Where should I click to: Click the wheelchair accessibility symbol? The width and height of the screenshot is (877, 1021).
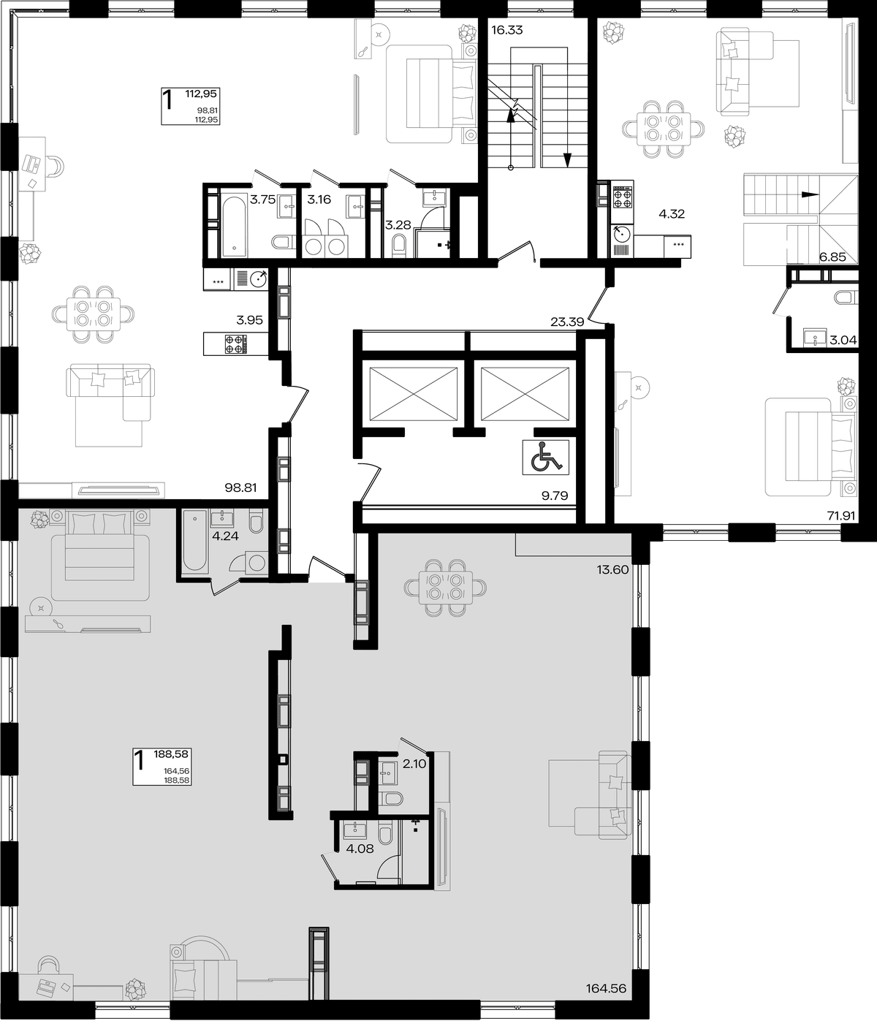point(545,458)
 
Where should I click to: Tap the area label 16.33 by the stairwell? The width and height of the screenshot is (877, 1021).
point(507,30)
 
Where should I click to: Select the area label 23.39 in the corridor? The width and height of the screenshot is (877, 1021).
point(567,322)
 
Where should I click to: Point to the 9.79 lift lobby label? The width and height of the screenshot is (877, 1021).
point(555,496)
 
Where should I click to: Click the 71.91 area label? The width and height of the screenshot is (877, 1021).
point(841,516)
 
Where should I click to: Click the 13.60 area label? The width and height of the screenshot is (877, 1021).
point(612,569)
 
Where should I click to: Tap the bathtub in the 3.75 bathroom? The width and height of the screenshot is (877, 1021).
point(234,227)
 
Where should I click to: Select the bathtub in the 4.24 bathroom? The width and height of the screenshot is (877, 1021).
point(194,542)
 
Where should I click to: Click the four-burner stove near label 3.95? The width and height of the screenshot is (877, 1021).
point(235,344)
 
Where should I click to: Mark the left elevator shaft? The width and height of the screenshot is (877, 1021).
point(413,394)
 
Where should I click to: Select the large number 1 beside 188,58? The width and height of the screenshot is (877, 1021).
point(140,761)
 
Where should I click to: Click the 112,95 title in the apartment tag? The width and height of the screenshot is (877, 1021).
point(201,94)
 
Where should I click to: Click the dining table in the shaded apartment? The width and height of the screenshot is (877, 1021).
point(446,587)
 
